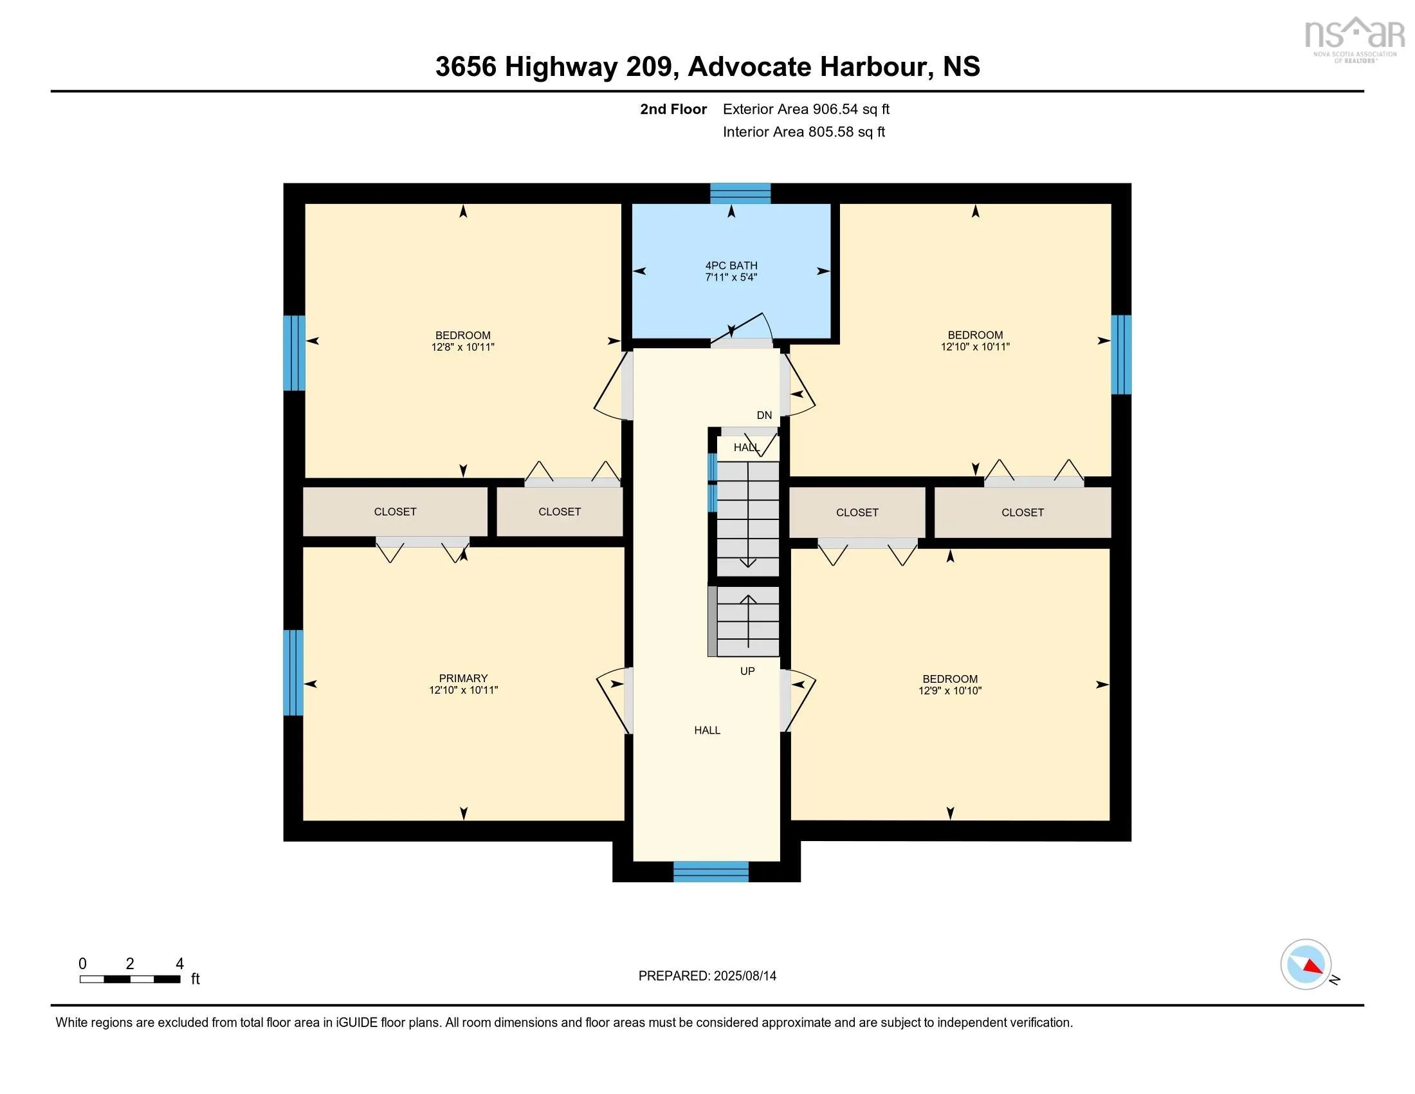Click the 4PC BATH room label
tap(731, 266)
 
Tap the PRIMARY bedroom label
tap(463, 678)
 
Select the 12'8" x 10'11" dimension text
tap(462, 348)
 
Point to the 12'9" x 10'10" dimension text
tap(950, 691)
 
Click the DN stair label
tap(765, 416)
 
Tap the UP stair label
tap(747, 671)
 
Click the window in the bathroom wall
tap(740, 193)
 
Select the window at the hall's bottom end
tap(711, 872)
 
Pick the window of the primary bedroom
tap(293, 672)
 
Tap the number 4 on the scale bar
tap(180, 964)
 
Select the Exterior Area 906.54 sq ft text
tap(806, 109)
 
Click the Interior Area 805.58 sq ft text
tap(803, 132)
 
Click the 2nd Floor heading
tap(673, 109)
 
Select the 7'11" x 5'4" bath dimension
tap(731, 277)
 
